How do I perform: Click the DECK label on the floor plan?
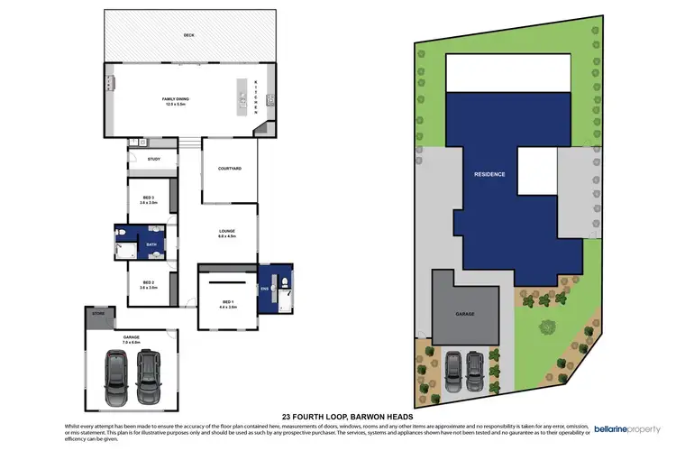[188, 34]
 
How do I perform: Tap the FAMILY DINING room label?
[175, 100]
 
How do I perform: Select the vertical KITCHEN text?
[256, 98]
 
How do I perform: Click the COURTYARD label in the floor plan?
[229, 169]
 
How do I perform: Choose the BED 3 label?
[149, 200]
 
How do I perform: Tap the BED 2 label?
[149, 283]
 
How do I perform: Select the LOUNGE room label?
[226, 235]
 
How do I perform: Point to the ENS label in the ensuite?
[265, 289]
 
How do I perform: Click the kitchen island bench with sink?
[242, 98]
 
